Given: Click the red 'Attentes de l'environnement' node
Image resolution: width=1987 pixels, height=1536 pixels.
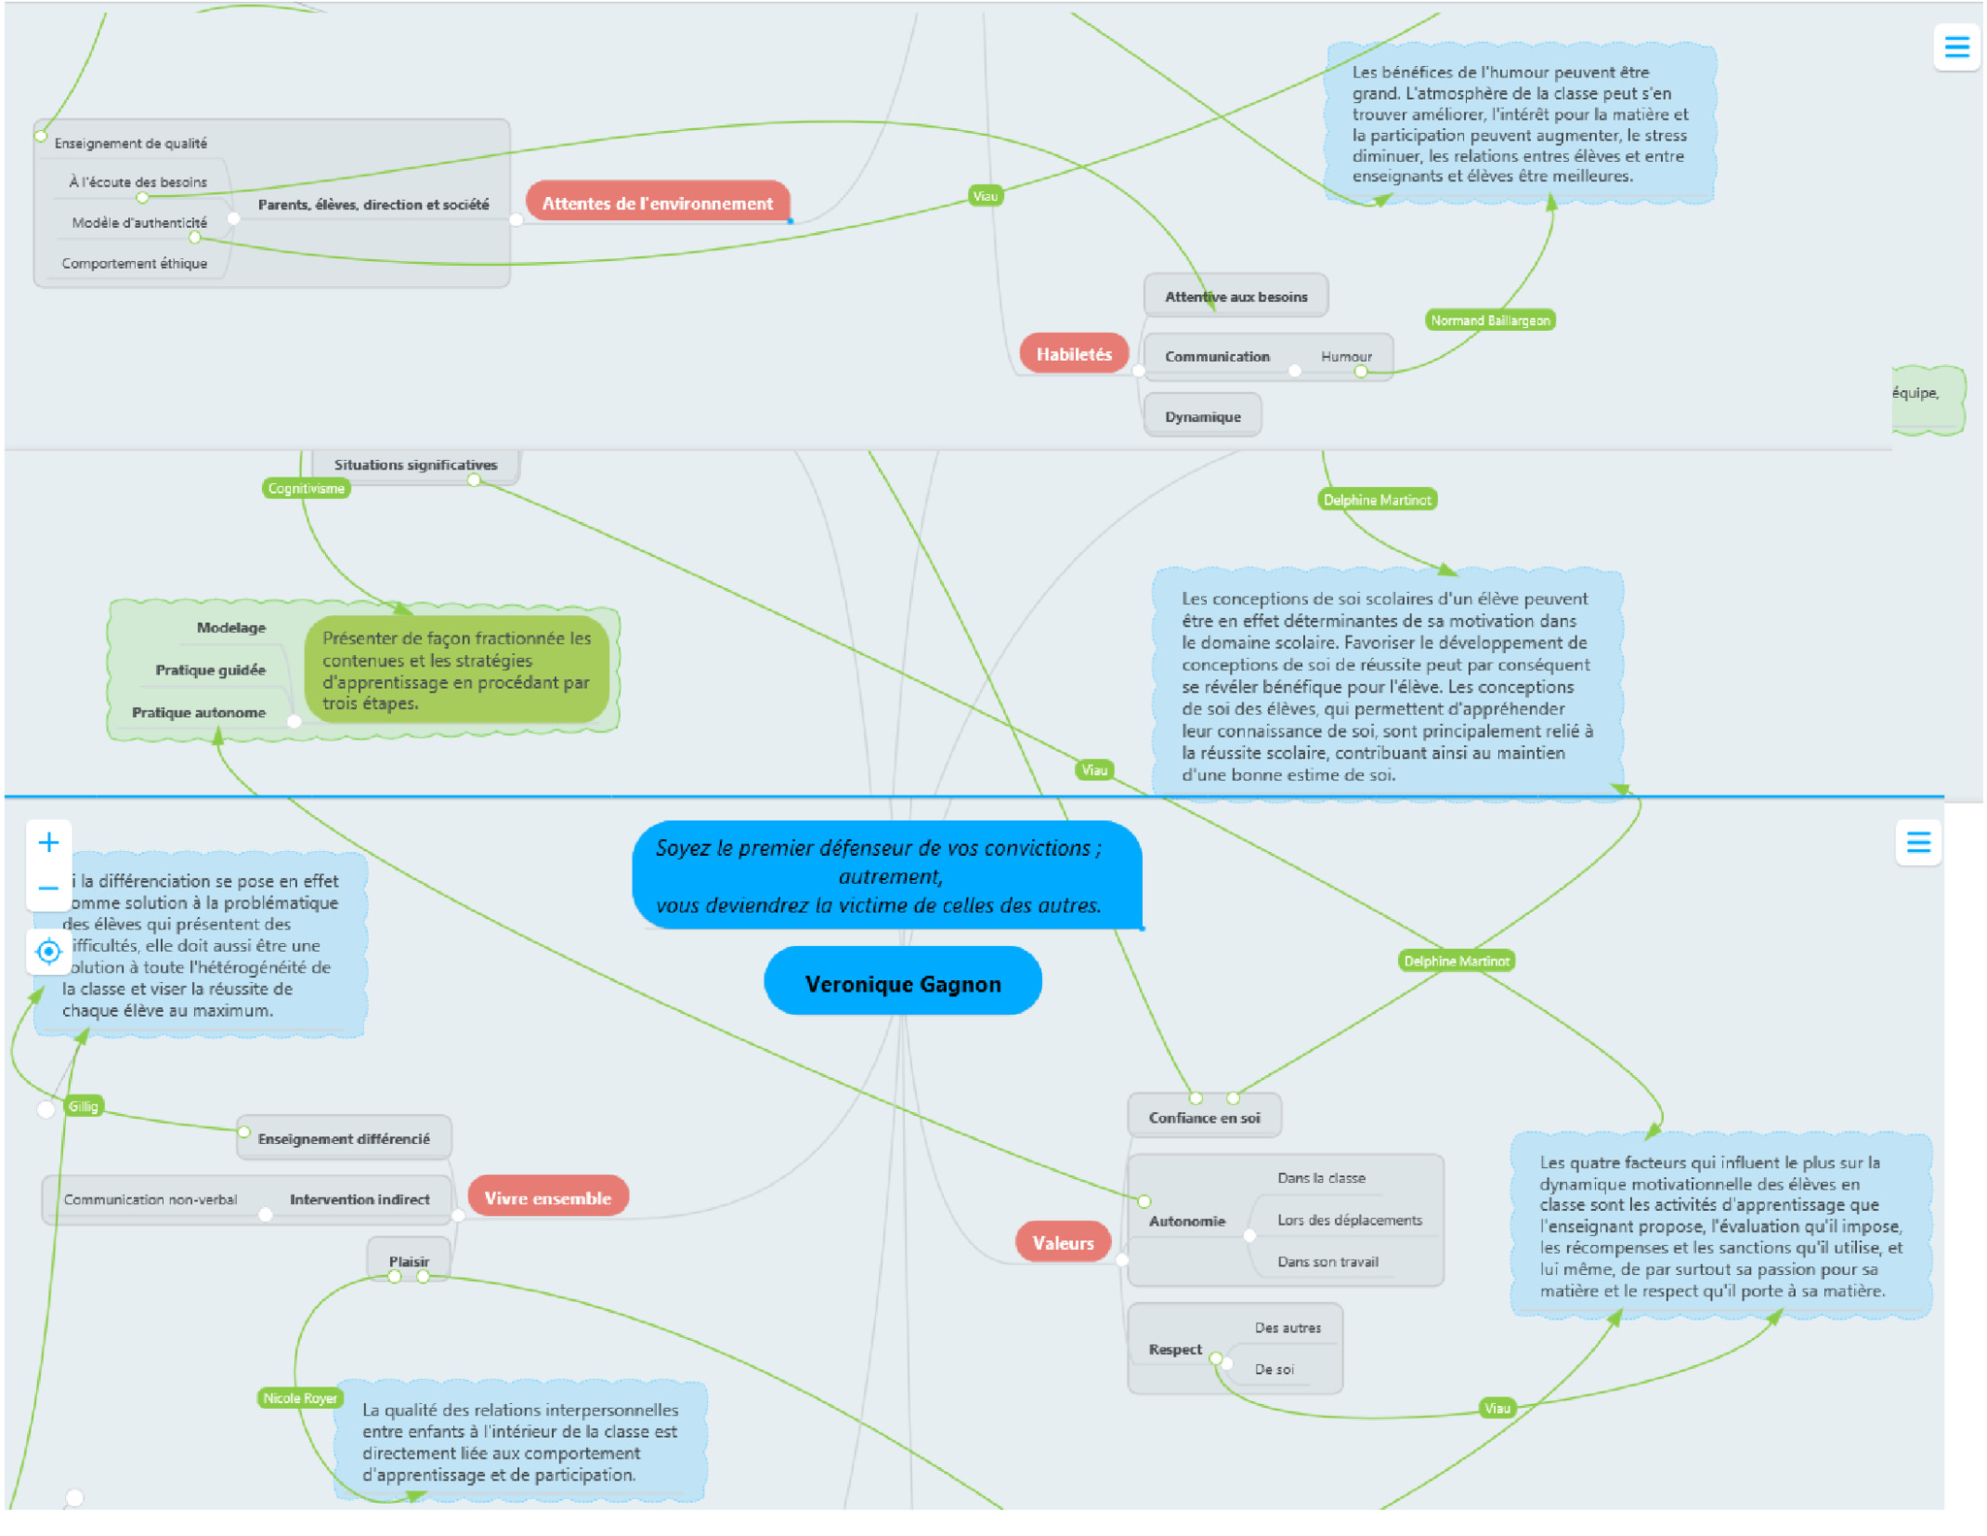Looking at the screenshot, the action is point(658,202).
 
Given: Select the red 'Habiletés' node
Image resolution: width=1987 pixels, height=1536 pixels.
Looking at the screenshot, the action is point(1073,354).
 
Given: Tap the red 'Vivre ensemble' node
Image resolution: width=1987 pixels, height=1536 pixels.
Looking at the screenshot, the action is point(548,1197).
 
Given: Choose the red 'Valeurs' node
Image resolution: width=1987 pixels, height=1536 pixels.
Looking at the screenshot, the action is point(1062,1242).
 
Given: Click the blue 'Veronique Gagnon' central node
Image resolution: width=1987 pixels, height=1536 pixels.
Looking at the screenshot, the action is point(903,982).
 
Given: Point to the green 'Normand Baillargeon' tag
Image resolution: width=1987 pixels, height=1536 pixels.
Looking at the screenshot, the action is point(1490,320).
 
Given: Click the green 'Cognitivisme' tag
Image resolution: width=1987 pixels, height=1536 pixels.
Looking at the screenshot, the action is point(307,488).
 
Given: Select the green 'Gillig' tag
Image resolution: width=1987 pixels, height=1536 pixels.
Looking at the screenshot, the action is point(83,1106).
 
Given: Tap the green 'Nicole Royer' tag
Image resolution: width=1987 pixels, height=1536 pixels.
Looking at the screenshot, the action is point(300,1398).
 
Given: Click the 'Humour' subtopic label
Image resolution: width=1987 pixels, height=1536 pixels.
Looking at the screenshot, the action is point(1347,356).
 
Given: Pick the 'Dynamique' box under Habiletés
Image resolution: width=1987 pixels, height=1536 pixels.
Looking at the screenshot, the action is point(1203,416).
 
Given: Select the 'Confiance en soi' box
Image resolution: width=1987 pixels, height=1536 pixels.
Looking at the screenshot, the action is point(1204,1117).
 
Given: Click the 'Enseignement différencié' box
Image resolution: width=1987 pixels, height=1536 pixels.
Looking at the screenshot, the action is point(343,1138).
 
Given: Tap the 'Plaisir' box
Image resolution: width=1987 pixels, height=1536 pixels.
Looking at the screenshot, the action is point(408,1260).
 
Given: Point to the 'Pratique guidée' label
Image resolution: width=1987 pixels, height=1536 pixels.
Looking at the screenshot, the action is point(210,670).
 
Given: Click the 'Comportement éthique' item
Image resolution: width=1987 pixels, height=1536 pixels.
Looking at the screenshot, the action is point(134,263).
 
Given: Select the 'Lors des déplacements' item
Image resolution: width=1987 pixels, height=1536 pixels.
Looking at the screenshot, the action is point(1350,1220).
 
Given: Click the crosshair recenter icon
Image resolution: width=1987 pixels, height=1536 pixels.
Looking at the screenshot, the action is point(49,951).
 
